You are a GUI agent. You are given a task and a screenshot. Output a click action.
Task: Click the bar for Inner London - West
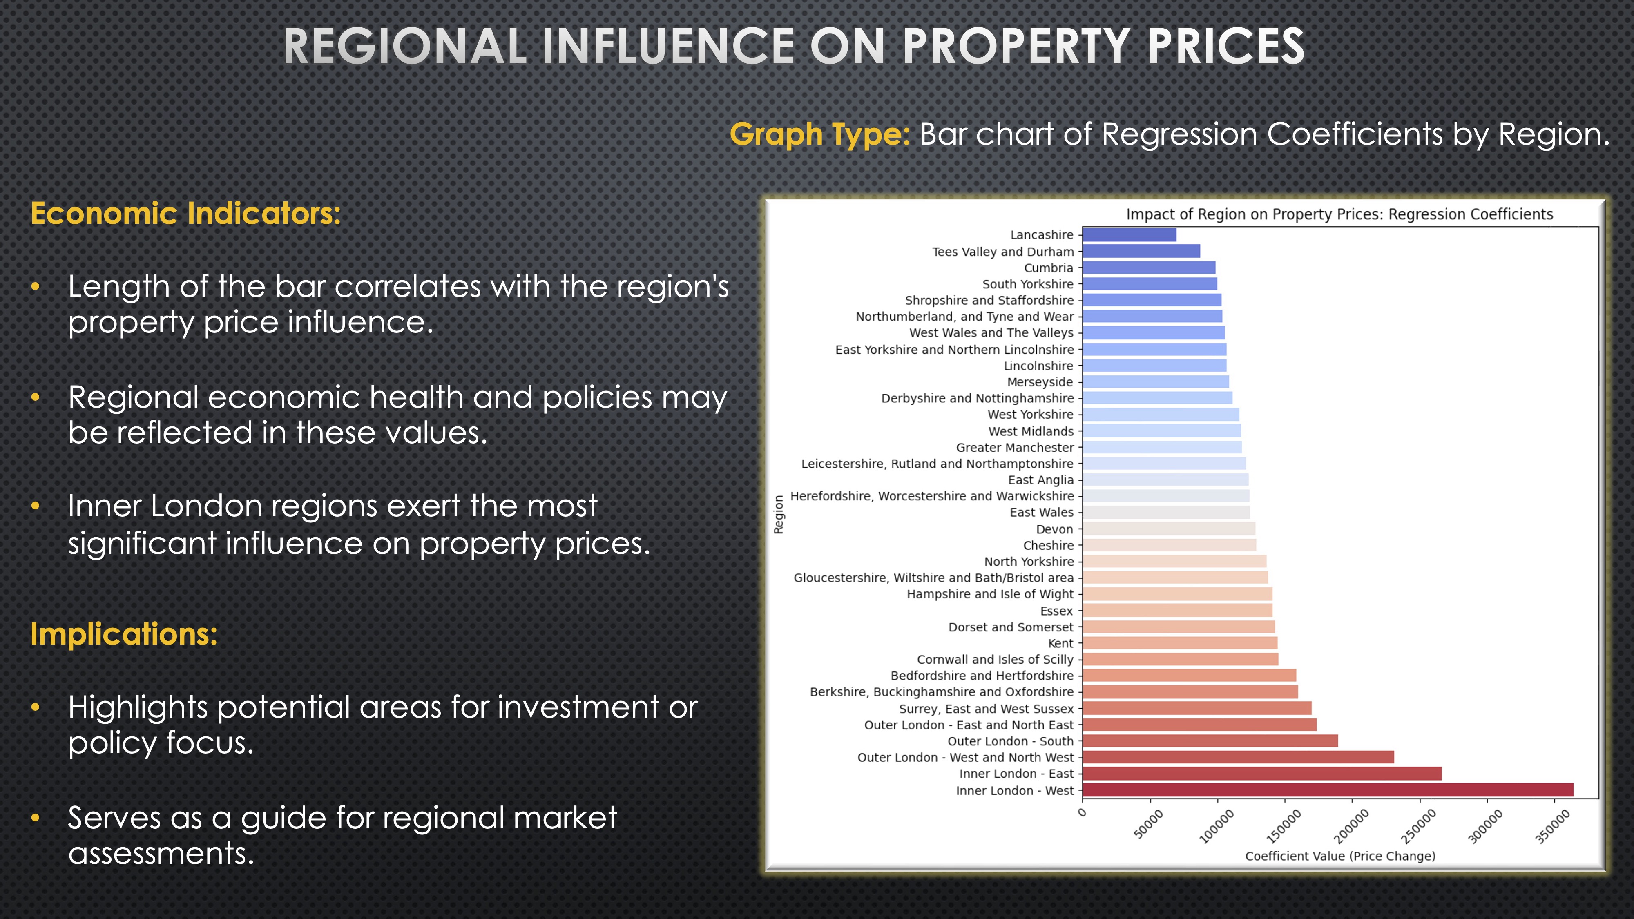coord(1328,790)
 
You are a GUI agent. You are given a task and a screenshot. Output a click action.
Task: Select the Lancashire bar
coord(1129,235)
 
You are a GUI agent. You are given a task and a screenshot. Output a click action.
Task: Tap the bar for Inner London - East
coord(1262,774)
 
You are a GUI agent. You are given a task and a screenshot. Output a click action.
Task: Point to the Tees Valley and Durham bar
coord(1141,251)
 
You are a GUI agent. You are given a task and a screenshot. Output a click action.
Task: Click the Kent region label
coord(1060,643)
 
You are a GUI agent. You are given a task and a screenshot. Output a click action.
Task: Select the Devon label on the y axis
coord(1054,529)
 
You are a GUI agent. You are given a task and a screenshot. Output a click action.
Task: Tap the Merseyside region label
coord(1040,382)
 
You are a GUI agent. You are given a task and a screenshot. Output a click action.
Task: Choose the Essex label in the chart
coord(1057,611)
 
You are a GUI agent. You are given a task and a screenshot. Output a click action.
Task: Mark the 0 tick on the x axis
coord(1082,813)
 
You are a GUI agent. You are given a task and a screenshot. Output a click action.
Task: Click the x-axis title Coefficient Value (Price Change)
coord(1340,856)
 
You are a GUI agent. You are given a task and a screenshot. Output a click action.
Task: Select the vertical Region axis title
coord(779,514)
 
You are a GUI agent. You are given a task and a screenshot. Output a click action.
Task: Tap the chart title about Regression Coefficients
coord(1340,214)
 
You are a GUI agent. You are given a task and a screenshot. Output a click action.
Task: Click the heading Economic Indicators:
coord(185,214)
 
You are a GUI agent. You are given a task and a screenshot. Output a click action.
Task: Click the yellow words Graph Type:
coord(819,134)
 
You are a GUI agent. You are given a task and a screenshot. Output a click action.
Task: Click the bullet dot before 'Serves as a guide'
coord(36,818)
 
